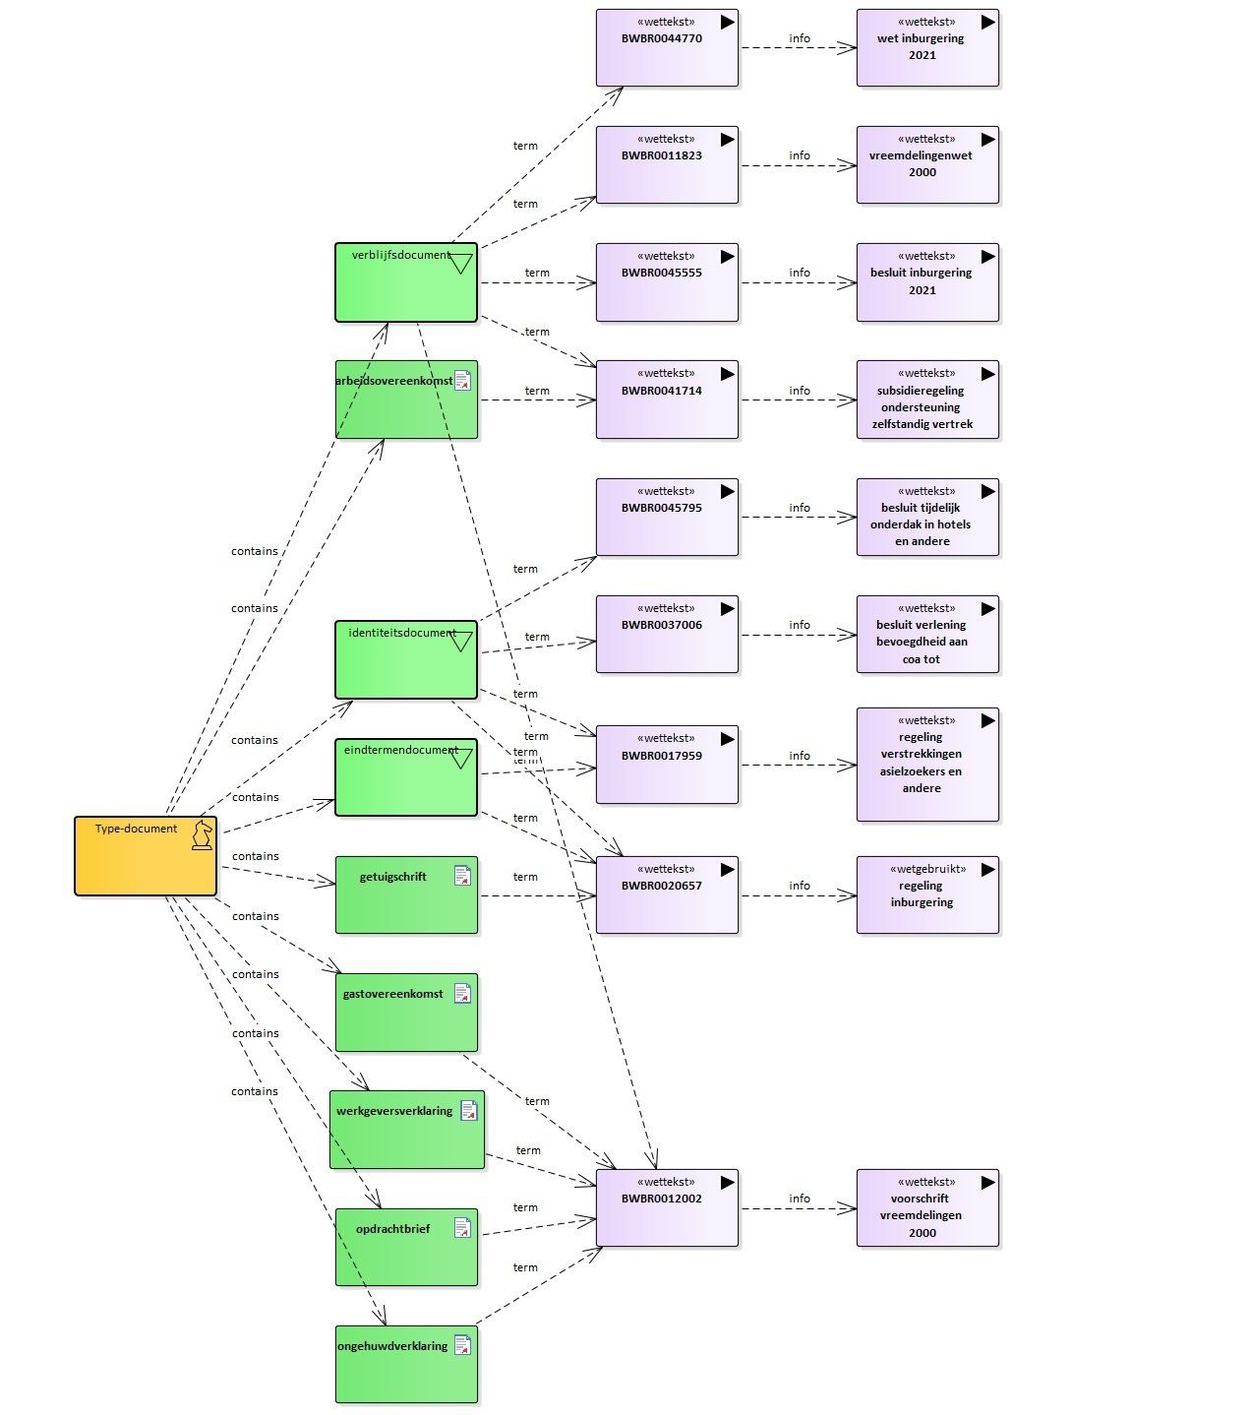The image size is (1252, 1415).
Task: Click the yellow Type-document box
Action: click(x=146, y=855)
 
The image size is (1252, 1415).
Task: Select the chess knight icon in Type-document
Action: click(x=202, y=834)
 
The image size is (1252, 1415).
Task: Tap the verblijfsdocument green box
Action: click(x=406, y=282)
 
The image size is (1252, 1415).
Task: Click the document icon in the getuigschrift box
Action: click(x=462, y=875)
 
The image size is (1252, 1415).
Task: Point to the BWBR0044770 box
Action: click(x=667, y=47)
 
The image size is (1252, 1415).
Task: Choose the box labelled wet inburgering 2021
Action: click(x=927, y=47)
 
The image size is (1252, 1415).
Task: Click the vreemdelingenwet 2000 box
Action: click(x=927, y=165)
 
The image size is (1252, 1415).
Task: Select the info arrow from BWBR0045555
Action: click(x=799, y=282)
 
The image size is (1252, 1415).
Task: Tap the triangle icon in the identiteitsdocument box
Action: click(x=461, y=642)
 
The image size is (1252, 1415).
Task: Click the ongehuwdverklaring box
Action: click(x=406, y=1364)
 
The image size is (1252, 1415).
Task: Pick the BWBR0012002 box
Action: click(x=667, y=1207)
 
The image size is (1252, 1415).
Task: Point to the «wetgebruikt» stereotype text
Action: click(x=927, y=869)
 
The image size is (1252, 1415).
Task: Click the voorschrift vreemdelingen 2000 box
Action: click(x=927, y=1207)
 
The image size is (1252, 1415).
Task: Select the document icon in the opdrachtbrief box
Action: click(x=462, y=1227)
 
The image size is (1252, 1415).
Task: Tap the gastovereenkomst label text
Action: click(x=392, y=993)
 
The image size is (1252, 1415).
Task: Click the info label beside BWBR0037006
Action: click(x=800, y=625)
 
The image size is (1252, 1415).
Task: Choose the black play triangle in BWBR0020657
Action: click(x=727, y=870)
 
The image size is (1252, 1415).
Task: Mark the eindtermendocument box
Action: click(x=406, y=776)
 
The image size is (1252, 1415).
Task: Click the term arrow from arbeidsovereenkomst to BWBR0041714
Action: click(x=538, y=400)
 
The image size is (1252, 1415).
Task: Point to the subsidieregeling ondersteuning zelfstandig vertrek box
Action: click(x=927, y=400)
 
